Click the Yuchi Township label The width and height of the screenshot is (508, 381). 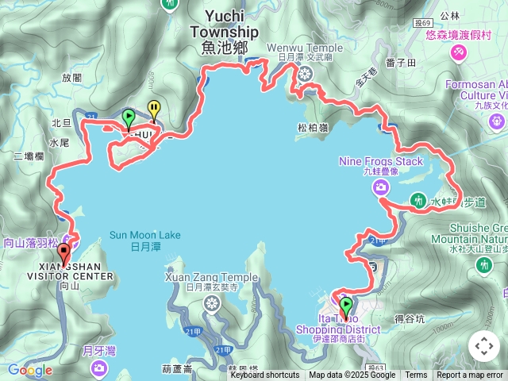tap(224, 24)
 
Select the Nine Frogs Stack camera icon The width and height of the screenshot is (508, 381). tap(382, 187)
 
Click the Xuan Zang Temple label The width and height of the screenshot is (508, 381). tap(211, 277)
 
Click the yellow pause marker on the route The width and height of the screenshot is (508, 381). tap(154, 110)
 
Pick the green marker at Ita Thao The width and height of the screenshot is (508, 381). tap(346, 306)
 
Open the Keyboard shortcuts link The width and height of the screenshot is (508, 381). tap(264, 375)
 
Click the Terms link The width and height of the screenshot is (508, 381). tap(416, 375)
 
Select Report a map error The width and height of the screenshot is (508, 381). tap(470, 375)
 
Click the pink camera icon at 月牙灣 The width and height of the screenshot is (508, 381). tap(99, 367)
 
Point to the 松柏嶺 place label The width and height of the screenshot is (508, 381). tap(312, 125)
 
